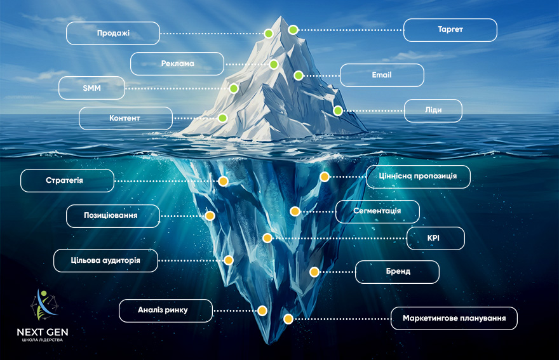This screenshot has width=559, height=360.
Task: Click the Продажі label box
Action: coord(113,33)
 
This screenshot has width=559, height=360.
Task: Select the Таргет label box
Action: coord(450,30)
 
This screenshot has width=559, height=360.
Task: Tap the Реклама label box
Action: coord(177,63)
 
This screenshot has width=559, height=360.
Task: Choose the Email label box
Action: coord(382,75)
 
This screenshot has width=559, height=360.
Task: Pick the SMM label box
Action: coord(91,88)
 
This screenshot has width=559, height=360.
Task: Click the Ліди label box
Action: coord(433,111)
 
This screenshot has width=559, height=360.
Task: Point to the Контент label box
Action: coord(126,118)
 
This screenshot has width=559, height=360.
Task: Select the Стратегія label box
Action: coord(67,181)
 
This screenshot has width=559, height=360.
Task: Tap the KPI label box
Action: coord(436,239)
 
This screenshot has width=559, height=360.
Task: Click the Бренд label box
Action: coord(397,272)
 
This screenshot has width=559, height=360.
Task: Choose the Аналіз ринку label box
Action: coord(166,311)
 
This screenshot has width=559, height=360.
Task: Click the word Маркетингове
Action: coord(429,318)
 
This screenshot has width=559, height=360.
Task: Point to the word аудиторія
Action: coord(121,260)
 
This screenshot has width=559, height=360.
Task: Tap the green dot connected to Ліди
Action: coord(337,111)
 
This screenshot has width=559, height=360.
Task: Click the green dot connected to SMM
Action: coord(234,88)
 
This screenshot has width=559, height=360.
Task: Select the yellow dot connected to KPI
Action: coord(267,238)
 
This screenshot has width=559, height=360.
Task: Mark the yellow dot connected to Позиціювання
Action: coord(210,216)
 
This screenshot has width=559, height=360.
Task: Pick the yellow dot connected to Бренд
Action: coord(314,272)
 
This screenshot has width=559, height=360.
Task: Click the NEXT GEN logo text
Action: coord(43,332)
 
